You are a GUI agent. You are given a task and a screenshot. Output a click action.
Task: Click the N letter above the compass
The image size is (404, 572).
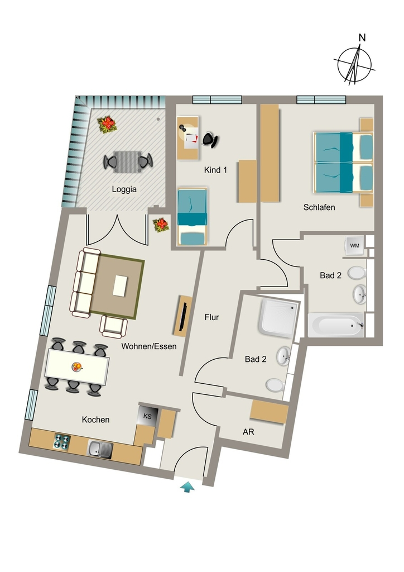pos(362,37)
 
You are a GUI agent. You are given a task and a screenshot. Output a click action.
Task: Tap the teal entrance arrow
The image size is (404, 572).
pos(187,487)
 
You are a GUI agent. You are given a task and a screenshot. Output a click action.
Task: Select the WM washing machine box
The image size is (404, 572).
pos(354,246)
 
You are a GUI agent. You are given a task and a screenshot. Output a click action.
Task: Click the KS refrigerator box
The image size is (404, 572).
pos(147,416)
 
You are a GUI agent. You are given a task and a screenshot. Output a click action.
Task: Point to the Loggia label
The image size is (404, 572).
pos(124,189)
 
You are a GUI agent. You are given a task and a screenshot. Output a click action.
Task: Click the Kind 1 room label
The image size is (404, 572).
pos(215,170)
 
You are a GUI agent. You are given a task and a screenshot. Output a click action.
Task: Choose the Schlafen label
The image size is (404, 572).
pos(319,207)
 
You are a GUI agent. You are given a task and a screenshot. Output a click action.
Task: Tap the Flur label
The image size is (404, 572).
pos(211,317)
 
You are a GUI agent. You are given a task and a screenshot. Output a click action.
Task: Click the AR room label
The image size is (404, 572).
pos(248,432)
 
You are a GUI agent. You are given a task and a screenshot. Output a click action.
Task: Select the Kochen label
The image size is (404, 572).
pos(95,420)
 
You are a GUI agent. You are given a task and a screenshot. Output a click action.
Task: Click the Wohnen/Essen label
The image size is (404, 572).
pos(149,346)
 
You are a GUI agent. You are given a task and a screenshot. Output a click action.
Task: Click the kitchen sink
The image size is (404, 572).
pos(100,449)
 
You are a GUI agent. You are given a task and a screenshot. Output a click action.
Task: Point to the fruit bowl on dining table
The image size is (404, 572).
pos(77,366)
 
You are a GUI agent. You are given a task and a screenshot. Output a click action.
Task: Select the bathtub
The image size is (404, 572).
pos(336,325)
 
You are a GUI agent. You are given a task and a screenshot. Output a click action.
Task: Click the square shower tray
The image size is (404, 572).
pos(278,317)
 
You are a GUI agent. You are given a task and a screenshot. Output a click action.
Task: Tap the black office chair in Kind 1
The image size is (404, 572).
pos(210,139)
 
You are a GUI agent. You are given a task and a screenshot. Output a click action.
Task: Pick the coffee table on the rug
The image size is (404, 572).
pos(120,285)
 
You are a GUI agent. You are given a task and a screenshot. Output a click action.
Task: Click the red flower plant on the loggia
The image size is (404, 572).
pos(107,125)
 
